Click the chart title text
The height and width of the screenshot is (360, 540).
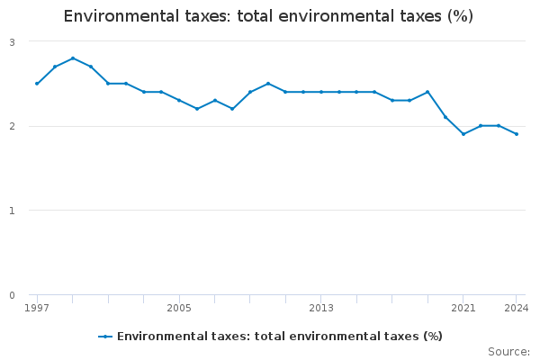[x=268, y=16]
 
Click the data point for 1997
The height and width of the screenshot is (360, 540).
[x=37, y=84]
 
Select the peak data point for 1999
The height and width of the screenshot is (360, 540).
[x=73, y=58]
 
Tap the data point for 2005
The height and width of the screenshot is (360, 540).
[x=179, y=101]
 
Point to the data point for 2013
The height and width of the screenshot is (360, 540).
[x=321, y=92]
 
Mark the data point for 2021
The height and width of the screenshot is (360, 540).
[x=463, y=134]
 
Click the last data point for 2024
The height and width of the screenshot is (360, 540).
[x=517, y=134]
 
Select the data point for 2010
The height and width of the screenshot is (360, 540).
[x=268, y=84]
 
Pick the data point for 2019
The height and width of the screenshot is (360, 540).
[x=427, y=92]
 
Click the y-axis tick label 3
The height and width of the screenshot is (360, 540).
[x=11, y=42]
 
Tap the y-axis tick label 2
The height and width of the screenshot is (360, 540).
[x=11, y=127]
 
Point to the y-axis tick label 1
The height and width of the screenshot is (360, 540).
[x=11, y=211]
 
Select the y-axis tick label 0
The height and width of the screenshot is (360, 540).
[x=11, y=295]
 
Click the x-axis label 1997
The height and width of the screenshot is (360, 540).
[x=37, y=308]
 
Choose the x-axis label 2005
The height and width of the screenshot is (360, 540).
[x=179, y=308]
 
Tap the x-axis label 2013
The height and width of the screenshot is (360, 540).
[x=321, y=308]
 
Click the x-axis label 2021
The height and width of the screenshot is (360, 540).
[x=463, y=308]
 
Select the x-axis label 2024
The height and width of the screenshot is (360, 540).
[x=517, y=308]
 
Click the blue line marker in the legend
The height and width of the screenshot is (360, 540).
[x=105, y=337]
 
